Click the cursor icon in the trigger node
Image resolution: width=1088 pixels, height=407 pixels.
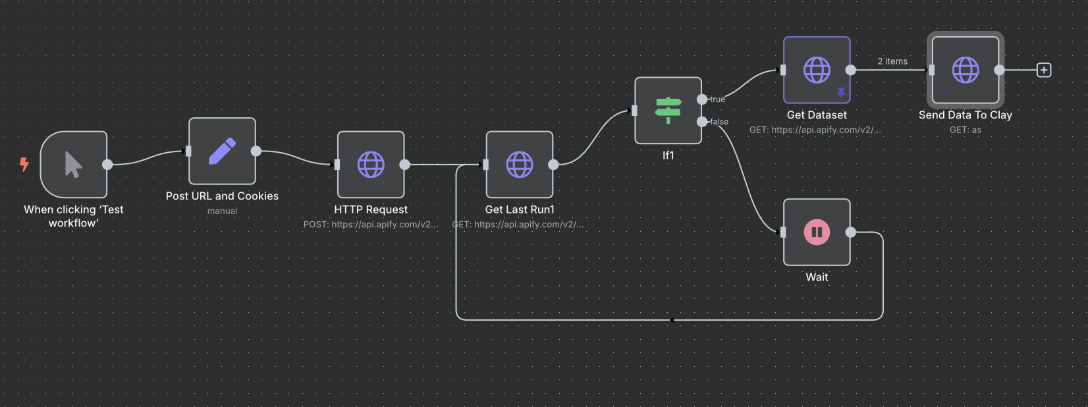pos(73,165)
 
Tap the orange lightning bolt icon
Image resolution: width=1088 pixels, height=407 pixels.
pos(24,164)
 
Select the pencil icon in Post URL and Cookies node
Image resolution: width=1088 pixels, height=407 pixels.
pos(222,151)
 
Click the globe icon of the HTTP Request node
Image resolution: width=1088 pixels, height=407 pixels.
pos(371,165)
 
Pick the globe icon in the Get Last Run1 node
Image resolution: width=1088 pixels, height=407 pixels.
pos(520,165)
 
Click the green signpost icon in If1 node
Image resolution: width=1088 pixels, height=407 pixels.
pos(668,110)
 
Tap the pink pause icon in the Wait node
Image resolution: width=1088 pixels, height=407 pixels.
pos(817,232)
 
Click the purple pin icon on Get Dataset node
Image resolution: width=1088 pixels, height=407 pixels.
pos(841,93)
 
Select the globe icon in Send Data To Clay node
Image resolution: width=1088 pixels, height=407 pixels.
pos(966,70)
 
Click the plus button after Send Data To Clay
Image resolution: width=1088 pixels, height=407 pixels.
pos(1044,70)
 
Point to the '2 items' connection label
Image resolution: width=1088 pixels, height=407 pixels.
pos(892,61)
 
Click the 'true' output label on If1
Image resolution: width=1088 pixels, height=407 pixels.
pos(718,99)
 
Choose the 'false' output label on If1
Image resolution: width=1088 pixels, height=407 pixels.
pos(719,122)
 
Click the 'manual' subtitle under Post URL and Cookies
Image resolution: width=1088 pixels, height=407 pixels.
pos(222,211)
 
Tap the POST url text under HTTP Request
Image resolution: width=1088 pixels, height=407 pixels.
pos(370,225)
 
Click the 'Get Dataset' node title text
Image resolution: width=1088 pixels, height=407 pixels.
pos(817,115)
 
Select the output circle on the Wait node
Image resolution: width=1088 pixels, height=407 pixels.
pos(851,232)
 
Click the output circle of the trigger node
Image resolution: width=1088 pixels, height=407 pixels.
pos(107,165)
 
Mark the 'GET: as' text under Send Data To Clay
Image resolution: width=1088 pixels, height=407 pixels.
pos(966,130)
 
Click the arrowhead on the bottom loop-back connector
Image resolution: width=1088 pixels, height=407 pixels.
pos(672,320)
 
